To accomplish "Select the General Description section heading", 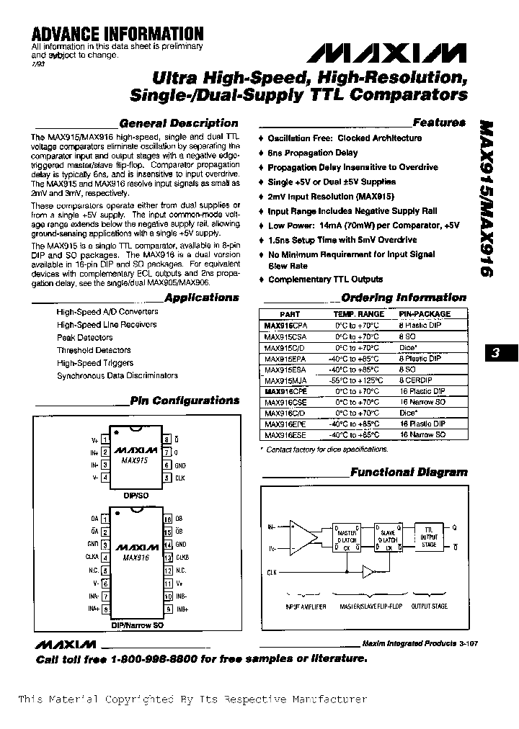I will click(x=178, y=123).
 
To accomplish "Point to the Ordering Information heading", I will click(x=403, y=298).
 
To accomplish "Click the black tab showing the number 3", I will click(x=496, y=353).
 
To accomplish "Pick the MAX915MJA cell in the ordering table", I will click(x=285, y=380).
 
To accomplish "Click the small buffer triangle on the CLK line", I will click(x=368, y=571).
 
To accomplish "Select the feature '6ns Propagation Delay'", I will click(x=312, y=153).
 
